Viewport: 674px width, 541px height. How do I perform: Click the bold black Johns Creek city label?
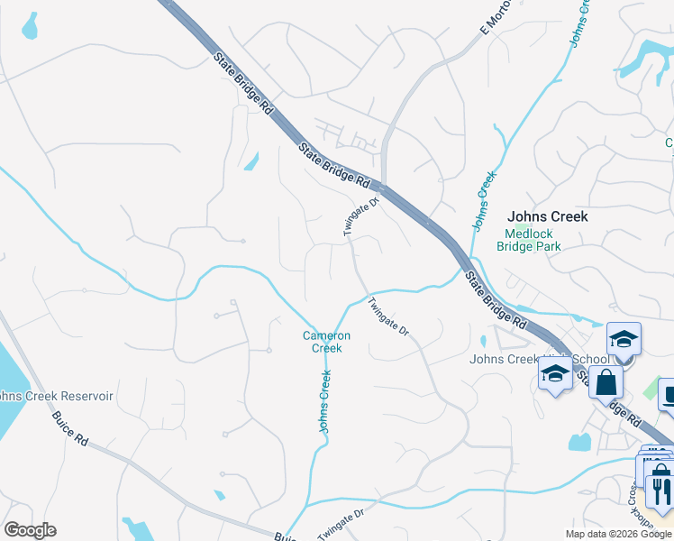point(547,216)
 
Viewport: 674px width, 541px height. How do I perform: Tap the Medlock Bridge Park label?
point(531,240)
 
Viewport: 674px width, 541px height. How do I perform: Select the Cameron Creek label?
point(326,342)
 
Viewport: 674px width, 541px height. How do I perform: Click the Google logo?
point(30,530)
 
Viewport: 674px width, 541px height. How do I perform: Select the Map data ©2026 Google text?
point(618,534)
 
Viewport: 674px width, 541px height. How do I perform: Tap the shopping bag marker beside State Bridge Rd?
point(606,381)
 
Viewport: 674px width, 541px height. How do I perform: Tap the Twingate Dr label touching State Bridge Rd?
point(362,217)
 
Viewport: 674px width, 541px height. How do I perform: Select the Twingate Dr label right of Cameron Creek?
point(389,318)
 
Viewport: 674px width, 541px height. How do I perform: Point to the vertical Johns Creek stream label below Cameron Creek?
point(324,401)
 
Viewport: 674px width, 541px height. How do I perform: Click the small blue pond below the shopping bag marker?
point(578,442)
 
